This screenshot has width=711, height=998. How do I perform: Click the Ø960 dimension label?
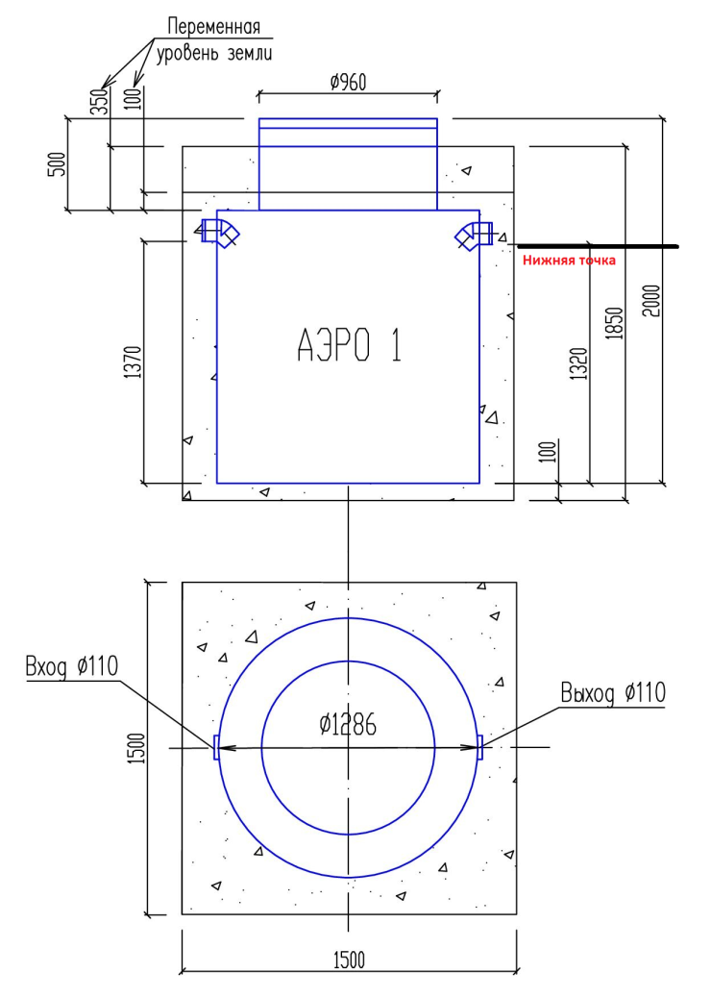[348, 84]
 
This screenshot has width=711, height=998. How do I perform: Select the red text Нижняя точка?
[568, 260]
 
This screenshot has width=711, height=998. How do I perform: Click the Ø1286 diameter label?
[349, 727]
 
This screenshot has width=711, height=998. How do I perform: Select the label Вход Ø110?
[74, 666]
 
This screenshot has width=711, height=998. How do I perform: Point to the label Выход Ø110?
[612, 691]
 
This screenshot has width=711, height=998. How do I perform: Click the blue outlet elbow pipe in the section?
[476, 234]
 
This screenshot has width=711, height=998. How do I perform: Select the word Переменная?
[213, 27]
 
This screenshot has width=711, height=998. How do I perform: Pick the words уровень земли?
[214, 52]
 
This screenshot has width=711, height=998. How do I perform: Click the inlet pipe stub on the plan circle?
[216, 747]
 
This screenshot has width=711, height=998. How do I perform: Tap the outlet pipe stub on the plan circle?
[479, 747]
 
